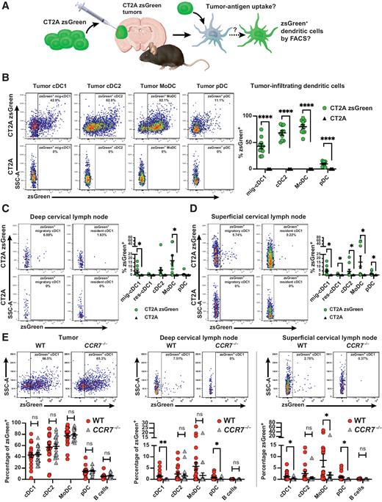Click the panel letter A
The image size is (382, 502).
coord(5,6)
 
